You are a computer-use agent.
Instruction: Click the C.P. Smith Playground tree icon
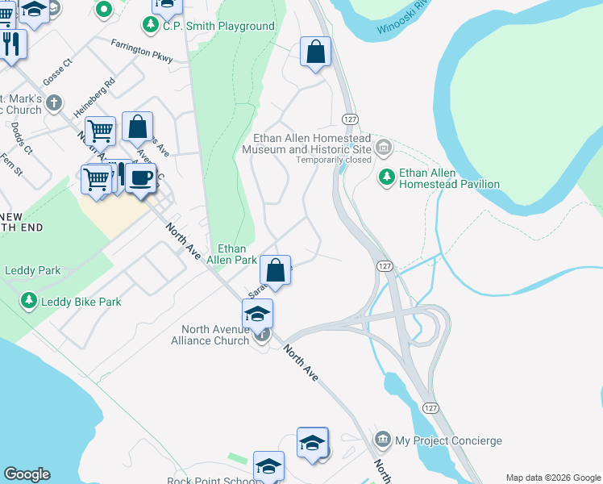tap(150, 26)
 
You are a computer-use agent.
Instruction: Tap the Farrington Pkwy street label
tap(142, 50)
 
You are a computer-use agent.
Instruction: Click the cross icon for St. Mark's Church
tap(54, 102)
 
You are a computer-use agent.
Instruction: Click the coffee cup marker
tap(142, 178)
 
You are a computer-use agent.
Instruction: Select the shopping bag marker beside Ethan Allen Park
tap(276, 271)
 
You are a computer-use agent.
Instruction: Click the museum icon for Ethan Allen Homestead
tap(383, 147)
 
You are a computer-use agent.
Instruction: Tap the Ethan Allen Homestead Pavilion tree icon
tap(387, 176)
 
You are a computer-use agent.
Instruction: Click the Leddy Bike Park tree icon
tap(29, 302)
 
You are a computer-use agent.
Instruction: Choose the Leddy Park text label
tap(33, 271)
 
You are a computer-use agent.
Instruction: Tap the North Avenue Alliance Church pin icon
tap(261, 336)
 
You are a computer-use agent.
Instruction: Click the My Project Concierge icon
tap(383, 440)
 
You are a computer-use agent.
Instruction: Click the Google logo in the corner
tap(27, 474)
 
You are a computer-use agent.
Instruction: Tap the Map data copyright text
tap(553, 478)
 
